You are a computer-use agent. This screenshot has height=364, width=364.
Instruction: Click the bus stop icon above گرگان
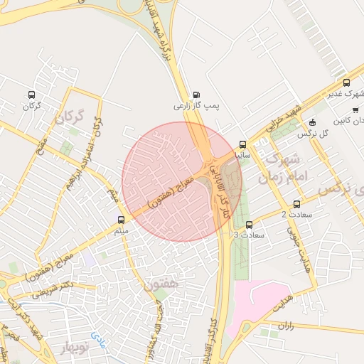pyautogui.click(x=31, y=95)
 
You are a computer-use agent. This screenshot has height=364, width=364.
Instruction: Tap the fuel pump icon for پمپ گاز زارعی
pyautogui.click(x=196, y=94)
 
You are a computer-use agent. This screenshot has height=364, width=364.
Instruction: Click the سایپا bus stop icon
pyautogui.click(x=242, y=144)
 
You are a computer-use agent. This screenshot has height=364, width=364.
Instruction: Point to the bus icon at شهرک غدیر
pyautogui.click(x=346, y=82)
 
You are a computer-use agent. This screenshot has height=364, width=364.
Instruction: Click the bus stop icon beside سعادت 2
pyautogui.click(x=296, y=205)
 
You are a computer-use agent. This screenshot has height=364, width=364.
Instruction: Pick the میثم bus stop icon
pyautogui.click(x=120, y=220)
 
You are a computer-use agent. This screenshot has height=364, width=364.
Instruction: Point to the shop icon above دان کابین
pyautogui.click(x=355, y=109)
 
